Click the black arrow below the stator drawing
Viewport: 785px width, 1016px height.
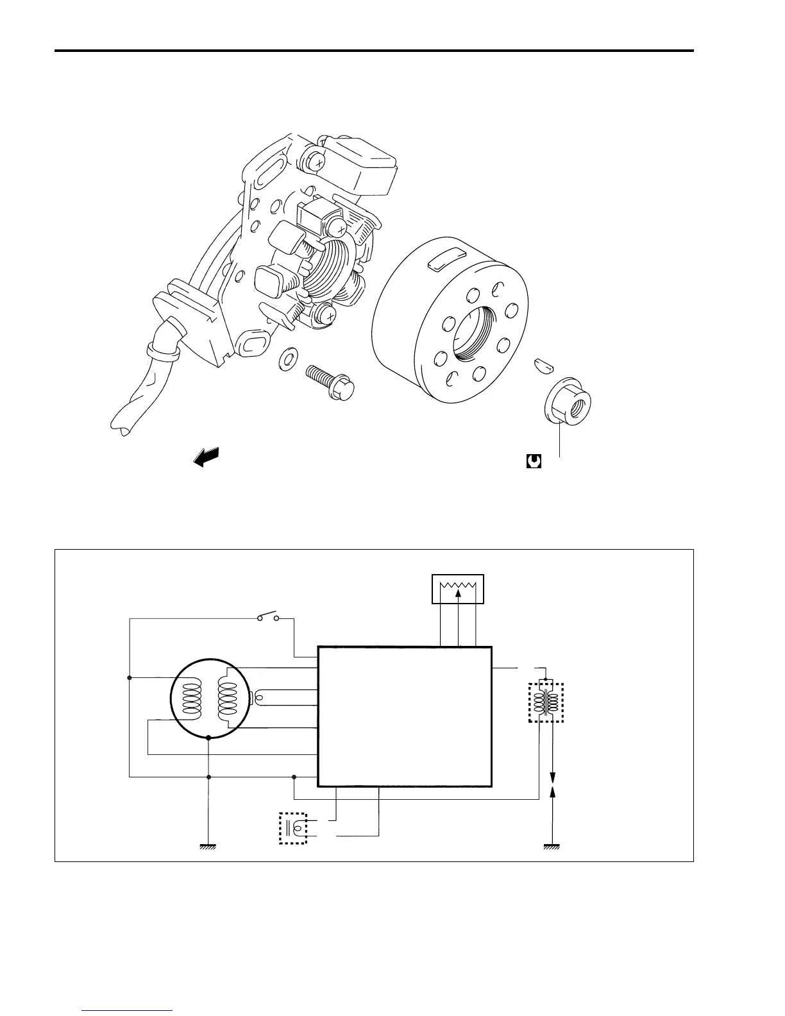[x=206, y=457]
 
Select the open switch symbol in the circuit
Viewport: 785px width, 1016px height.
[x=268, y=618]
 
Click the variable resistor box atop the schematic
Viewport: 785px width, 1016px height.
[x=458, y=589]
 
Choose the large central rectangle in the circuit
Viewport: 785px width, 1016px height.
[x=405, y=716]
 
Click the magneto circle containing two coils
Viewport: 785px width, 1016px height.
[x=208, y=698]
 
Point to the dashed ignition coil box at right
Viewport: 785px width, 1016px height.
[x=546, y=702]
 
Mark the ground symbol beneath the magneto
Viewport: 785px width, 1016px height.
[x=208, y=846]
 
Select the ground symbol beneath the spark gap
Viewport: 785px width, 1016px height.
[x=553, y=846]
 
